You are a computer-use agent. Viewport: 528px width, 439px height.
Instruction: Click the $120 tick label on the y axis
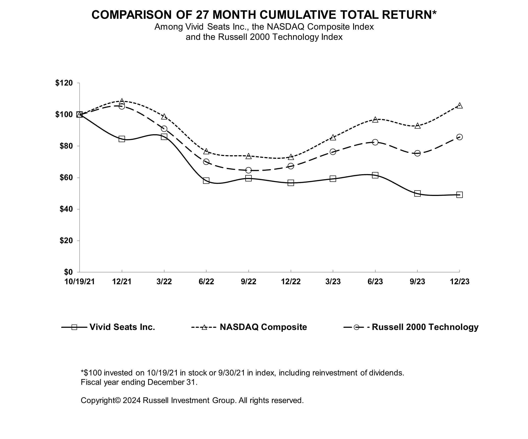[64, 83]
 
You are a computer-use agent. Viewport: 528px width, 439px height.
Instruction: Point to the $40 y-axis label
[66, 209]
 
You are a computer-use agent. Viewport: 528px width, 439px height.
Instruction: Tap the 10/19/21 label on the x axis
[79, 282]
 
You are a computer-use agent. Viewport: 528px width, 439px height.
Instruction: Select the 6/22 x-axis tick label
[206, 282]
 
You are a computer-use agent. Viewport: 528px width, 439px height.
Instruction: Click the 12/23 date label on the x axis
[459, 282]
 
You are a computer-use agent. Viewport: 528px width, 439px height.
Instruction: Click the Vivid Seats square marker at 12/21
[122, 139]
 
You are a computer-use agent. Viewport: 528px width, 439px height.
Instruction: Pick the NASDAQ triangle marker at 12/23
[459, 106]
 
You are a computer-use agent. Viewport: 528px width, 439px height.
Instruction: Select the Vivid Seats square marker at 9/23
[417, 194]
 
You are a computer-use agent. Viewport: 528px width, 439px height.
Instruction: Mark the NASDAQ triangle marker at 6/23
[375, 119]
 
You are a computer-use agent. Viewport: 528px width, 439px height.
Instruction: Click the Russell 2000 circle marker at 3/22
[164, 129]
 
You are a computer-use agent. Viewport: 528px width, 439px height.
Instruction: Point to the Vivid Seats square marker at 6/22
[206, 181]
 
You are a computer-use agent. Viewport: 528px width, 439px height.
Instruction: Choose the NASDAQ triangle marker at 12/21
[122, 101]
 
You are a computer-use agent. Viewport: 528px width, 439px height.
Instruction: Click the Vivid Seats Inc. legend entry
[122, 327]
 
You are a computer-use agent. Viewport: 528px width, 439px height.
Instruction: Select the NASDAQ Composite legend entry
[263, 327]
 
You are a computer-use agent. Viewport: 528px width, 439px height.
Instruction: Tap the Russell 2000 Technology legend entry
[425, 327]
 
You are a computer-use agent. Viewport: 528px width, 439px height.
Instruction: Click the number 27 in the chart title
[202, 15]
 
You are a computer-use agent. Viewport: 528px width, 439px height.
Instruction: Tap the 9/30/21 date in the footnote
[231, 373]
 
